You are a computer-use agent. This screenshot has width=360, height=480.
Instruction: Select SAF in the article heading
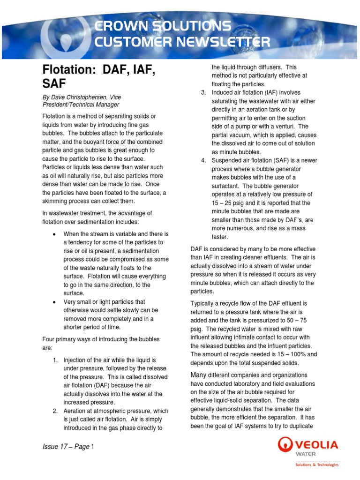point(54,84)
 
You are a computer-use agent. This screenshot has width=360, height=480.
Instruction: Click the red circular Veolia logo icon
point(286,445)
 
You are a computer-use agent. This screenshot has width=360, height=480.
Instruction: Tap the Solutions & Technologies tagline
point(316,465)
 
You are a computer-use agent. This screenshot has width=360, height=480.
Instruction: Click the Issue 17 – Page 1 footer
point(68,447)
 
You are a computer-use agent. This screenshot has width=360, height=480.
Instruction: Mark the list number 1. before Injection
point(54,360)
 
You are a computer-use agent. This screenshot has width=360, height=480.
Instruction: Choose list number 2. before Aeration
point(54,411)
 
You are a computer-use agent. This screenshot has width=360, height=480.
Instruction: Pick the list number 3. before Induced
point(203,92)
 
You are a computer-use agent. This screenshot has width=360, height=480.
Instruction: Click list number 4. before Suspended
point(203,160)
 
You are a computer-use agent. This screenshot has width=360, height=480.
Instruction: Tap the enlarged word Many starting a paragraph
point(198,375)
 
